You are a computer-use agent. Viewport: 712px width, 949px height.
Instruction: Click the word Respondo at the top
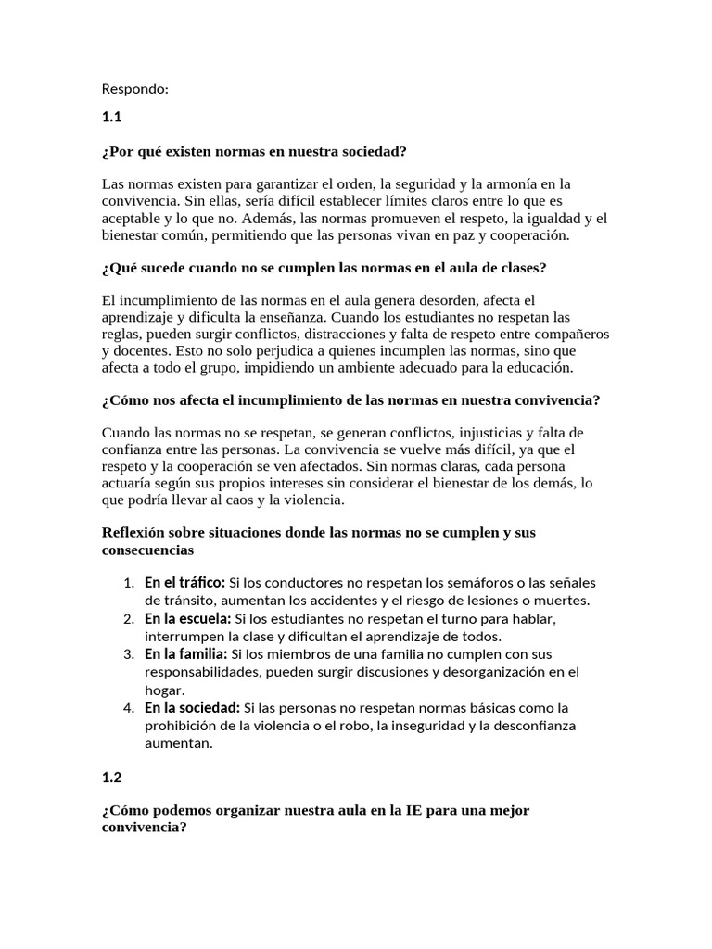[135, 90]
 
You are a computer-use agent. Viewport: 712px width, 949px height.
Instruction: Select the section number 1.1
[112, 118]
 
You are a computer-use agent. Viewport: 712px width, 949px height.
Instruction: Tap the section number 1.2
[112, 776]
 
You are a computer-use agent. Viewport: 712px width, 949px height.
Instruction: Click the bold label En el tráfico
[185, 582]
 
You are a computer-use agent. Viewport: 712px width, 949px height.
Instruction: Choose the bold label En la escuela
[188, 618]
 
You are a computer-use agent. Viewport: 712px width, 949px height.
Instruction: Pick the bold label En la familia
[186, 654]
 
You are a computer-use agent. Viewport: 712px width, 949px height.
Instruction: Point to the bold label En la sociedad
[192, 708]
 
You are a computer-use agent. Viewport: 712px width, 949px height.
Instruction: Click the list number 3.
[128, 654]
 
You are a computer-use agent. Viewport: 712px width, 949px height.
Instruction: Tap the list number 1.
[128, 582]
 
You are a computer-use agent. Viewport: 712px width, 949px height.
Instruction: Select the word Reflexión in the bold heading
[133, 533]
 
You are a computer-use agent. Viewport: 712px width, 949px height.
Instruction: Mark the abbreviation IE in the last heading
[414, 810]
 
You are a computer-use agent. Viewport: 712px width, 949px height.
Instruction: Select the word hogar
[163, 690]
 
